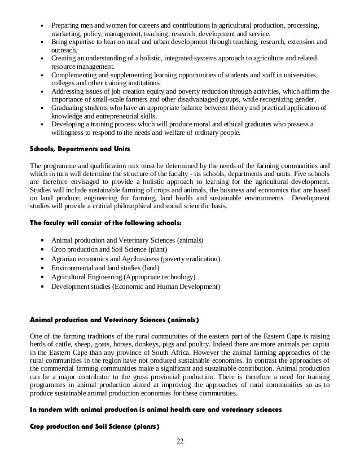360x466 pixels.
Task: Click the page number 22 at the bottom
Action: pos(180,456)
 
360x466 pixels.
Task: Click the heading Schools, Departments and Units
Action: pos(79,149)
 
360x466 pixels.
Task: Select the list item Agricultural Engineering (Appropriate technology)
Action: pos(123,277)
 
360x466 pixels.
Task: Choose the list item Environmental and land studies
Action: pos(105,268)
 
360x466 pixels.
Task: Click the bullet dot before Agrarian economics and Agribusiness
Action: pos(43,259)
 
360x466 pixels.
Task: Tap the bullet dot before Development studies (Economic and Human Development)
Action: pos(43,287)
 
